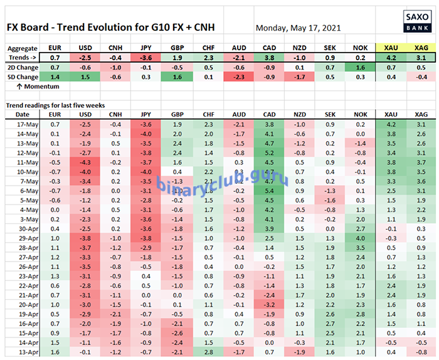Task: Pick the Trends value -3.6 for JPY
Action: tap(146, 57)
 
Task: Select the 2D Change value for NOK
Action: tap(359, 67)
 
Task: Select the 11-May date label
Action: tap(23, 162)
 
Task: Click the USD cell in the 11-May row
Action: tap(85, 162)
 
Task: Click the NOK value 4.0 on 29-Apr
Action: tap(359, 238)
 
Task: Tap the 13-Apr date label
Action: tap(23, 352)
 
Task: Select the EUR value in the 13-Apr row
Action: tap(55, 352)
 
